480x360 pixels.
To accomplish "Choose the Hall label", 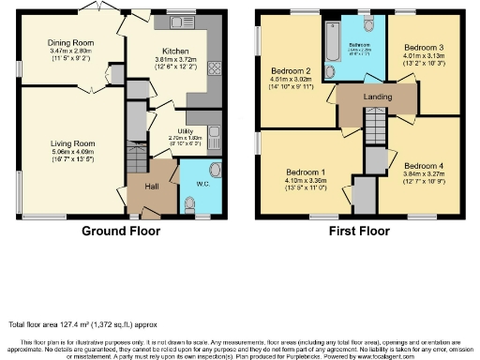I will click(151, 187).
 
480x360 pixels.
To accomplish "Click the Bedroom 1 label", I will click(309, 172).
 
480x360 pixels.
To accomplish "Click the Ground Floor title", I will click(121, 231).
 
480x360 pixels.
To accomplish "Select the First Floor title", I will click(358, 231).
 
